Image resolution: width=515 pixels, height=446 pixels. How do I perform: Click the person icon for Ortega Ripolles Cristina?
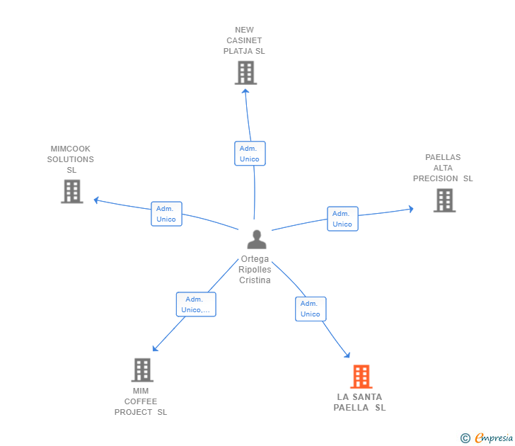(257, 239)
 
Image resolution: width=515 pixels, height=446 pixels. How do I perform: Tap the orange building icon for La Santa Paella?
(361, 377)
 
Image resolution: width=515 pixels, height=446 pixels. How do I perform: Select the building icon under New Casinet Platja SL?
(245, 73)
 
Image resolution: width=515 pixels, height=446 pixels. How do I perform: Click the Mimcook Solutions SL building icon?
(71, 191)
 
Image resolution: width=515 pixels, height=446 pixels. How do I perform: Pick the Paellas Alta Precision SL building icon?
(444, 200)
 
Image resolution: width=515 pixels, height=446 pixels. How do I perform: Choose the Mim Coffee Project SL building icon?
(141, 370)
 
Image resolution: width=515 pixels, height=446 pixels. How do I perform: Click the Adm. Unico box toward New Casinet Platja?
(250, 154)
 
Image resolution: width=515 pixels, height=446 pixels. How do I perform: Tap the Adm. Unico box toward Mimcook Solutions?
(166, 214)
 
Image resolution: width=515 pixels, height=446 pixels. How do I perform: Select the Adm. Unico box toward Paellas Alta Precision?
(342, 219)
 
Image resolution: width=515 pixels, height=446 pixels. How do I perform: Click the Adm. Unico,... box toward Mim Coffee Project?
(196, 304)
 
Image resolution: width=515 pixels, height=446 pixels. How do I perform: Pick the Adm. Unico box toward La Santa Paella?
(311, 309)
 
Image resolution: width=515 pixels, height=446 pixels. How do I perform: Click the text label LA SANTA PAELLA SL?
(359, 402)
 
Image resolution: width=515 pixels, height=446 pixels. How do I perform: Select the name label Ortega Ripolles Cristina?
(255, 270)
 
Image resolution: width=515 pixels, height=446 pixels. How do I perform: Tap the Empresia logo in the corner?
(494, 438)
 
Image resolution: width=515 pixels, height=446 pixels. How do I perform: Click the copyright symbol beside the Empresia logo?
(465, 438)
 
